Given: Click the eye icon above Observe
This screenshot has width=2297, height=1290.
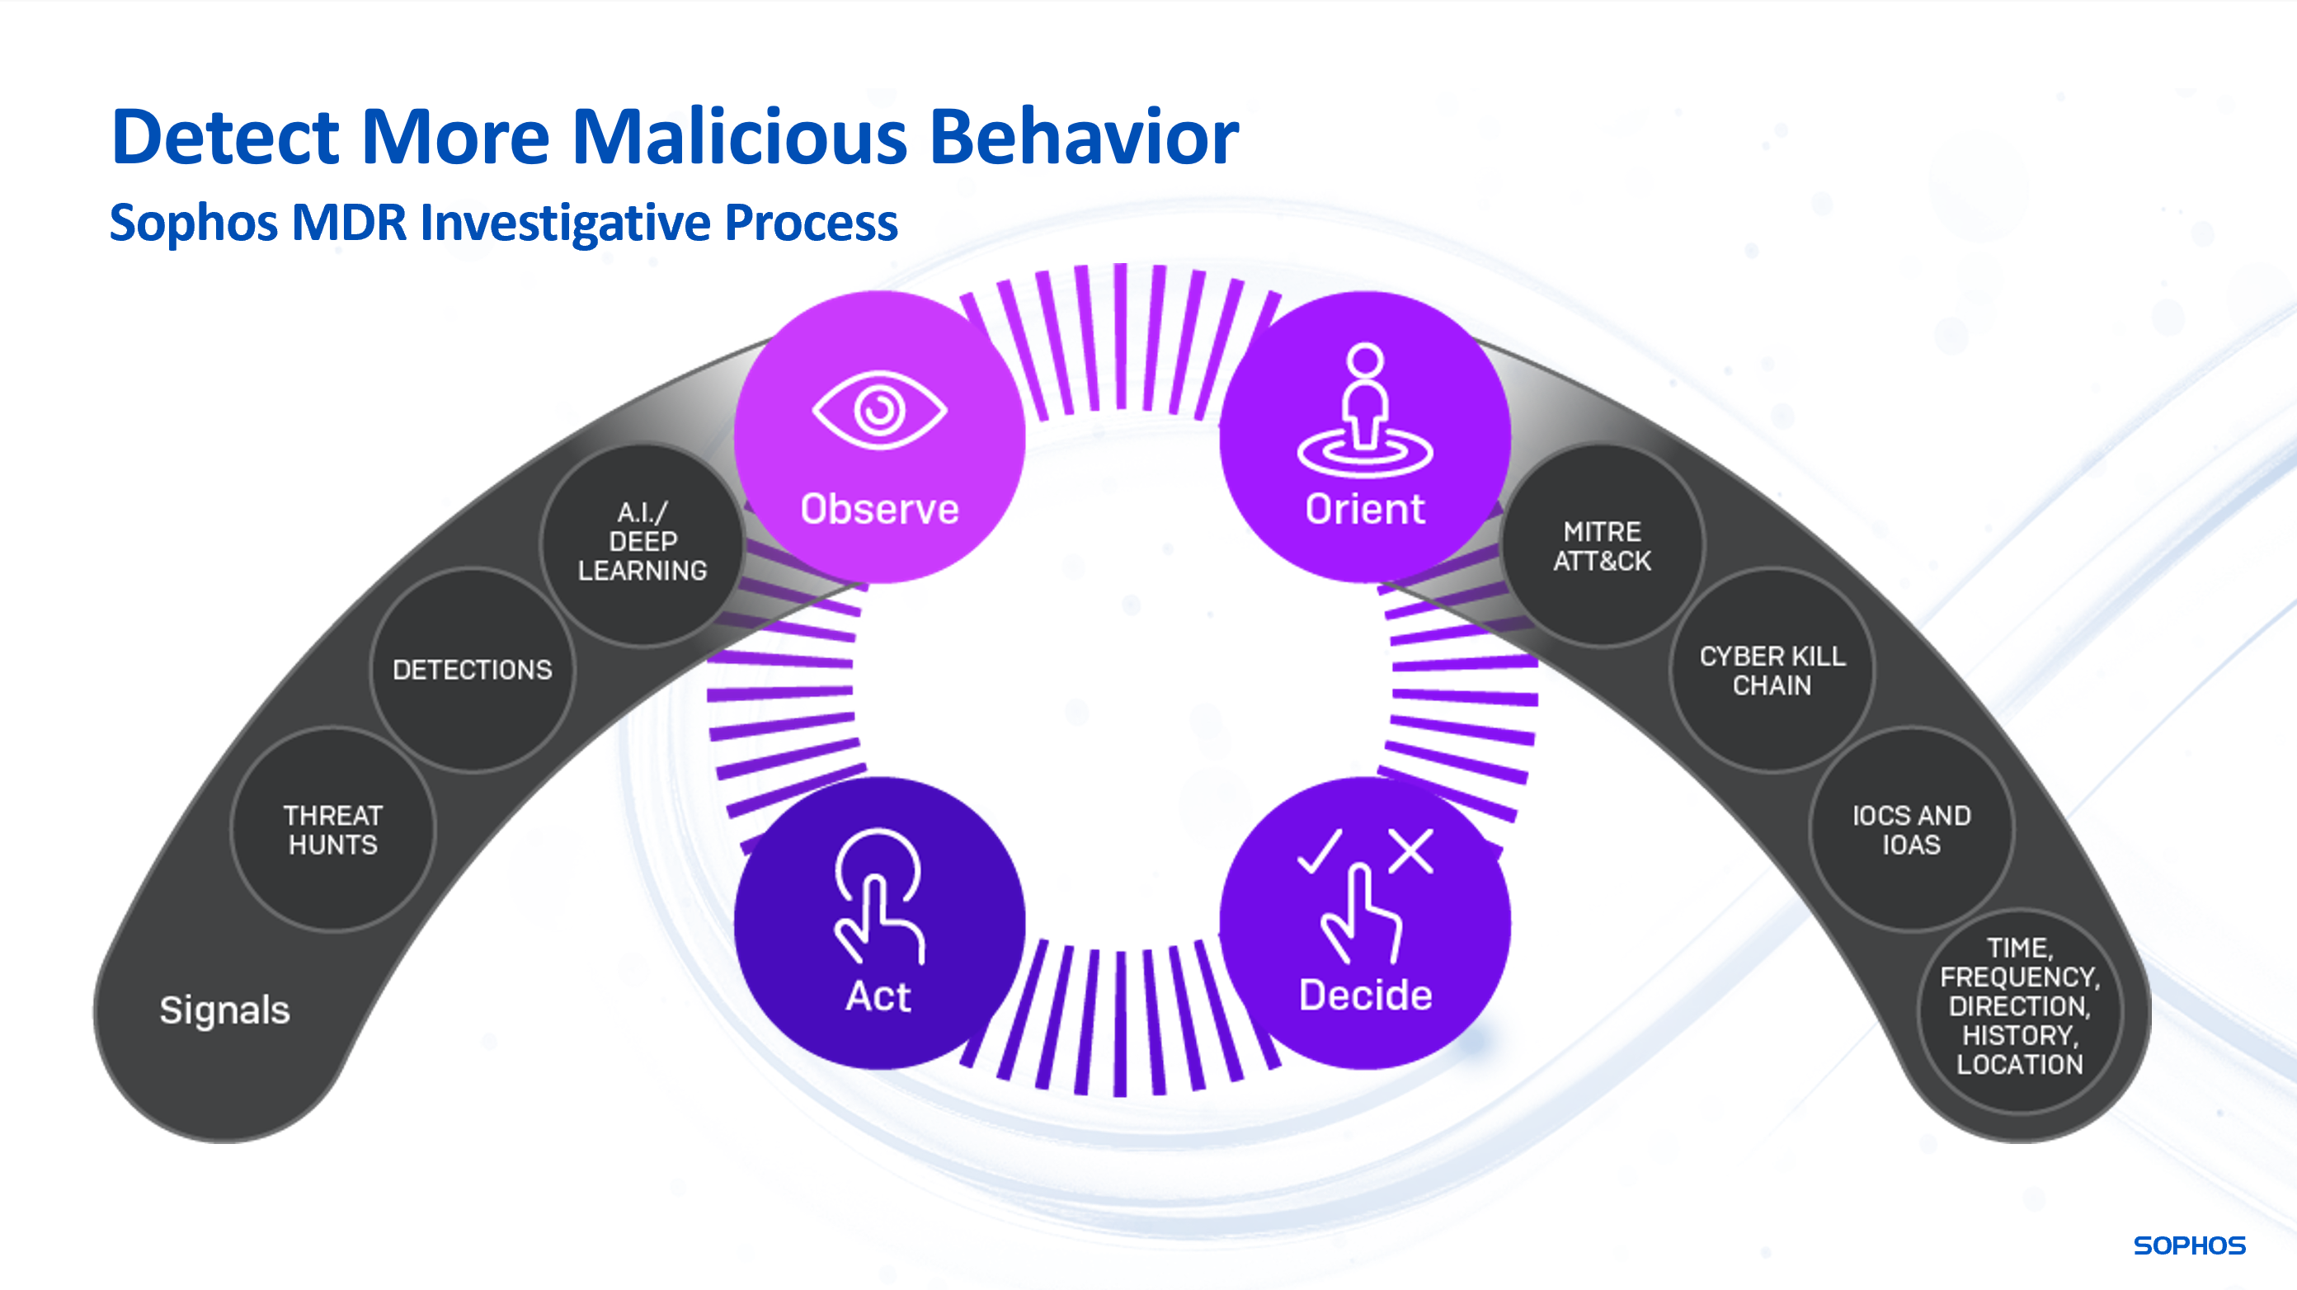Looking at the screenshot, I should (x=879, y=410).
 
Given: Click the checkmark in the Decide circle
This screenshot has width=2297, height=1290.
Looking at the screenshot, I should (x=1320, y=850).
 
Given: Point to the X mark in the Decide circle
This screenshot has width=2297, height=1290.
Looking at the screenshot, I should (x=1410, y=850).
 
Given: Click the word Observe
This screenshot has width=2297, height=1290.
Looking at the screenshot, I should (x=879, y=509).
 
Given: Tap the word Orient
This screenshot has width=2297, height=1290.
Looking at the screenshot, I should (x=1365, y=509).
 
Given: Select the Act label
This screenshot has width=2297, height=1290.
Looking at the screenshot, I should (x=878, y=996).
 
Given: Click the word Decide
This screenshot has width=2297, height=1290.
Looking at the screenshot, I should (x=1365, y=995).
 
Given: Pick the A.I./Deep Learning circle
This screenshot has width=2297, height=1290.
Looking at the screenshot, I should (x=642, y=542).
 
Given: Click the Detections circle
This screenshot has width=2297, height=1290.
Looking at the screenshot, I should (x=473, y=670).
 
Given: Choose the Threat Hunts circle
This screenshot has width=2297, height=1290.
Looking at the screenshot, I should (x=332, y=830).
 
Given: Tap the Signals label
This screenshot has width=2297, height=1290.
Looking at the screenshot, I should (x=224, y=1010).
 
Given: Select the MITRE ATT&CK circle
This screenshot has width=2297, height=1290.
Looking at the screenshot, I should (x=1603, y=545).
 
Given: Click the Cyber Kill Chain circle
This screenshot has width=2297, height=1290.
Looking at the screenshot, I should (x=1772, y=671).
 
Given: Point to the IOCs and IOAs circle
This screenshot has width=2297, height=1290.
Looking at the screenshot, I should (x=1911, y=830).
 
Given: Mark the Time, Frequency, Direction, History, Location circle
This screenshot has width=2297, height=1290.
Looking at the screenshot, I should (x=2020, y=1006).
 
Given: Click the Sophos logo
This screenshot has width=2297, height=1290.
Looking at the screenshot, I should (x=2189, y=1245).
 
